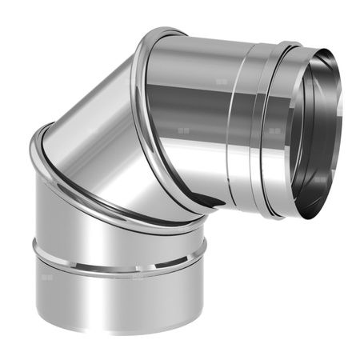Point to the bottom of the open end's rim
pyautogui.click(x=308, y=218)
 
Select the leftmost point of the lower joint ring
pyautogui.click(x=31, y=152)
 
